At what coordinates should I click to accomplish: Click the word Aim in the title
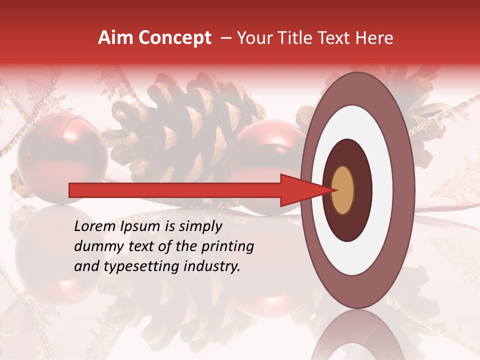(116, 38)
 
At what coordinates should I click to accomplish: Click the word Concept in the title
(174, 38)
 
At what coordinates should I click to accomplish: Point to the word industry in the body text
(214, 266)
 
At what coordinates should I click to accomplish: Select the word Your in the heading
(252, 38)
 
